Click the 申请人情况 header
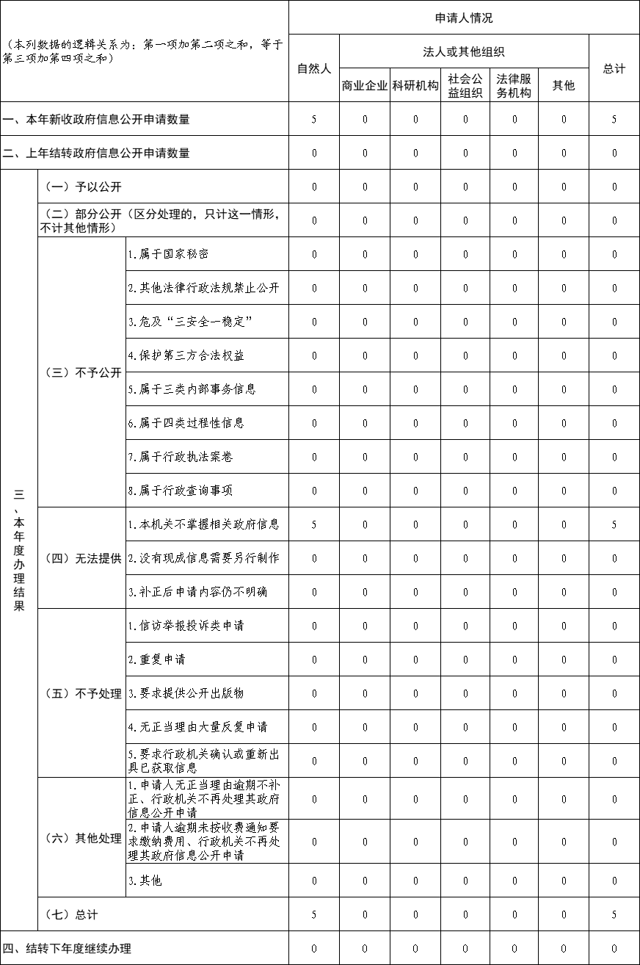[x=464, y=18]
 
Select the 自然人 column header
[x=314, y=68]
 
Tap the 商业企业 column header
[x=365, y=85]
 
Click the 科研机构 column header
[x=415, y=85]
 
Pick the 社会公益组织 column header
[x=465, y=85]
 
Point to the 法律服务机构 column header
[x=514, y=85]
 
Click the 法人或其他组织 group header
[x=464, y=51]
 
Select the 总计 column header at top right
[x=614, y=68]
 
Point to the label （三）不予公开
[x=82, y=372]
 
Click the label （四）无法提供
[x=82, y=558]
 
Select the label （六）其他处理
[x=82, y=839]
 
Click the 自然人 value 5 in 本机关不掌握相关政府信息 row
[x=314, y=524]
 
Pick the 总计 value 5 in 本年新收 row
[x=614, y=119]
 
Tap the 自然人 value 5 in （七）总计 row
[x=314, y=914]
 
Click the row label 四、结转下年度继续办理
[x=68, y=948]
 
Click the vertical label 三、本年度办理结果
[x=19, y=551]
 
